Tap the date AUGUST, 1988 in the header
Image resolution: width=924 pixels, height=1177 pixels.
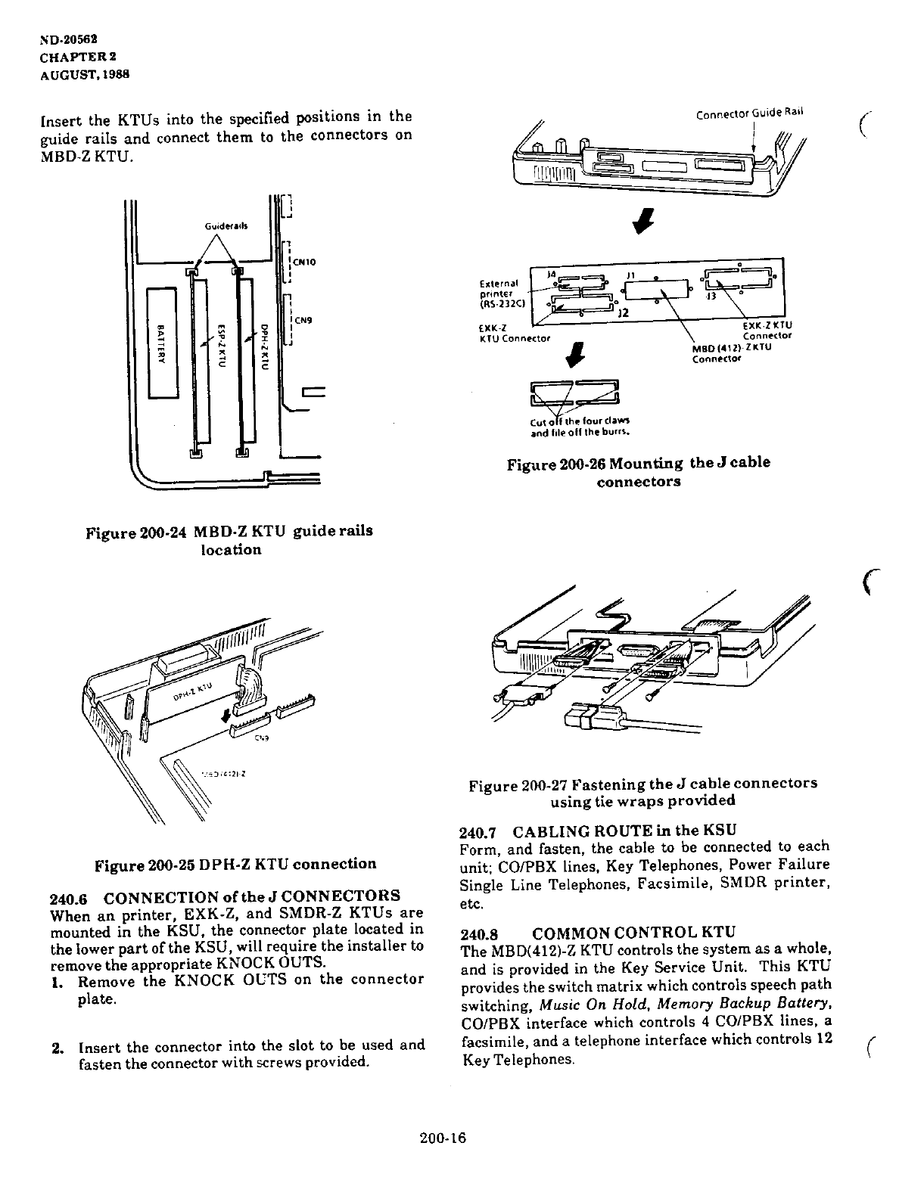[x=84, y=74]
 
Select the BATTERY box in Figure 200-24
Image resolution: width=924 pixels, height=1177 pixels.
[x=161, y=342]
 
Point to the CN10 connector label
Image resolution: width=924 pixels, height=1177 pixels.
[x=305, y=262]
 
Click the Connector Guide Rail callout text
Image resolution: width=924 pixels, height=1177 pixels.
[x=750, y=113]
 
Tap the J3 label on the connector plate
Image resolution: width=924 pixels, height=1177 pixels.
[x=710, y=297]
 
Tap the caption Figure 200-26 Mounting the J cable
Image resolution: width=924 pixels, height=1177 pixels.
[x=639, y=463]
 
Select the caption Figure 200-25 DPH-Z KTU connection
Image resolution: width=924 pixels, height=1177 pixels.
[x=235, y=864]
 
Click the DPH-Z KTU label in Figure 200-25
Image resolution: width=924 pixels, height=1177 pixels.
[x=194, y=690]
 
